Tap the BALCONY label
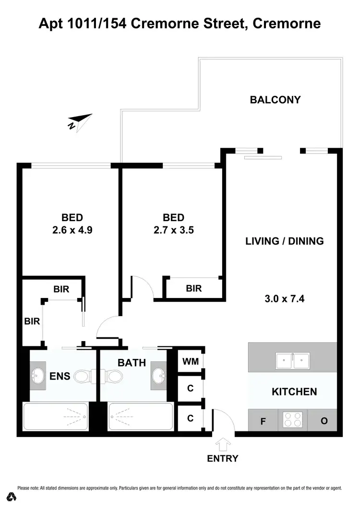(275, 100)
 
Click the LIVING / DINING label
(285, 241)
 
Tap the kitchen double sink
(292, 360)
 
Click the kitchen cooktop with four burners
(293, 420)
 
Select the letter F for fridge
(263, 422)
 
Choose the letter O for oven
(324, 421)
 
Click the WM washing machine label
(190, 360)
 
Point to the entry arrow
(223, 444)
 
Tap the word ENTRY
(223, 458)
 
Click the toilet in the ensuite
(82, 377)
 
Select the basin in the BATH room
(157, 374)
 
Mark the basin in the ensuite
(38, 375)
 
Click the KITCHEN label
(294, 392)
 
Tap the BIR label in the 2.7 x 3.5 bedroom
(194, 288)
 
